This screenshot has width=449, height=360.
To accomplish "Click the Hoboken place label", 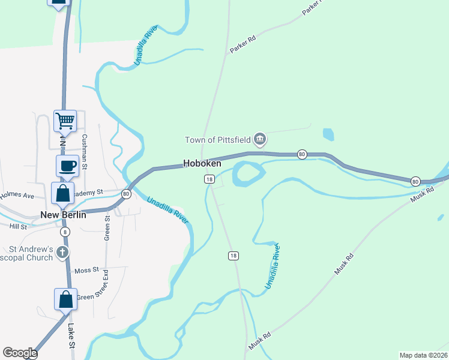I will [202, 163].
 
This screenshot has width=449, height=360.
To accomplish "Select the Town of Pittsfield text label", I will [217, 140].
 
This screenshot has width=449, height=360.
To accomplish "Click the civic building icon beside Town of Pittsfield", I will [260, 140].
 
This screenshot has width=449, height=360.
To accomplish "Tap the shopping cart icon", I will [65, 121].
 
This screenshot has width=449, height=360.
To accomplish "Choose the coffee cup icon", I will [67, 166].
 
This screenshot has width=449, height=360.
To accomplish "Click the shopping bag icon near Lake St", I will [65, 299].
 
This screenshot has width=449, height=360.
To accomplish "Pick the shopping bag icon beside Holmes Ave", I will [63, 193].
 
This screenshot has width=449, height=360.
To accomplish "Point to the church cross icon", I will [62, 253].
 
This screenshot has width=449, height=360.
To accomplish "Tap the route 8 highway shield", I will [65, 232].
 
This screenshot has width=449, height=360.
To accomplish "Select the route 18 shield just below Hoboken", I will [209, 179].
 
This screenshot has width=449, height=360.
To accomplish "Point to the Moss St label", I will [86, 271].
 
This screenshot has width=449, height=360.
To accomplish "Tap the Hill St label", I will [18, 227].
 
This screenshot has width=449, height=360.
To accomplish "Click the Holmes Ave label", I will [17, 194].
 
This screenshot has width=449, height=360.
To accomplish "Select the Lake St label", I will [71, 337].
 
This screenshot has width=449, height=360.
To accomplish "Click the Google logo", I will [19, 353].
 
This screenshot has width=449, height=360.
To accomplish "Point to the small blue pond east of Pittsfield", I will [328, 134].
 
